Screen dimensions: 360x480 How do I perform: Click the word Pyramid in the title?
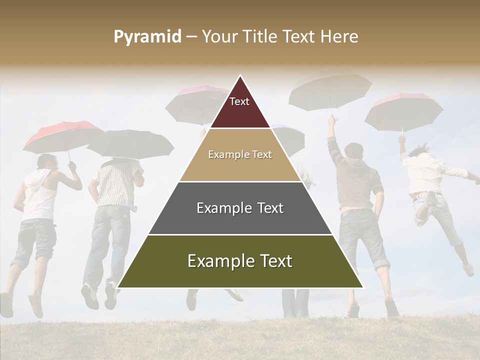click(x=147, y=37)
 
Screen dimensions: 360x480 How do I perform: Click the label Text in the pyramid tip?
click(x=239, y=102)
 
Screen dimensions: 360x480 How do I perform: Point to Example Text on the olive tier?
click(x=240, y=261)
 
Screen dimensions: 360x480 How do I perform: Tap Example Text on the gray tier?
click(x=240, y=208)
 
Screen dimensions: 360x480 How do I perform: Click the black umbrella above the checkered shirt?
click(x=130, y=142)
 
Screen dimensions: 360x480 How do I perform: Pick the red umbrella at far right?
click(x=404, y=110)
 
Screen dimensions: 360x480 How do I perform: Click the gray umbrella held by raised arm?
click(x=330, y=90)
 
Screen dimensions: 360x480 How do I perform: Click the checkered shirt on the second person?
click(x=115, y=185)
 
